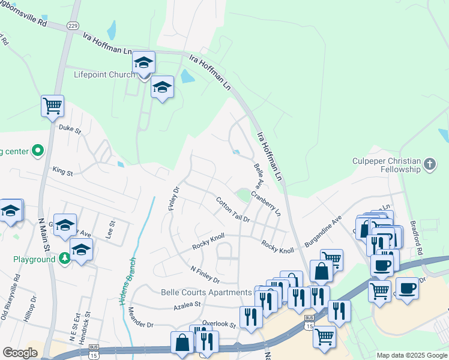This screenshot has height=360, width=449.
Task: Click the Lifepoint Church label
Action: (104, 76)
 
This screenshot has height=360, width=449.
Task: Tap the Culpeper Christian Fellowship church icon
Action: (429, 164)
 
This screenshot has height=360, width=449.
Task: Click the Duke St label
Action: (70, 128)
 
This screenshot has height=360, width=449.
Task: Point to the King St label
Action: (62, 173)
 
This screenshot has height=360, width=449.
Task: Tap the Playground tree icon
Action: (64, 259)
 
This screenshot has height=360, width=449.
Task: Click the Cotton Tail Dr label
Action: (232, 210)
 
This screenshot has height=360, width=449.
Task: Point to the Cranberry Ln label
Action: (267, 203)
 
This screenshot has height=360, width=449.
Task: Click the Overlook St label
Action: (218, 324)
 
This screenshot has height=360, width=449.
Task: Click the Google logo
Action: (20, 353)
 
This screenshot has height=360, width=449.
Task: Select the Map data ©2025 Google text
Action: (411, 355)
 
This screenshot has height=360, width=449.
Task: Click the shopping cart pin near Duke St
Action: (53, 106)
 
